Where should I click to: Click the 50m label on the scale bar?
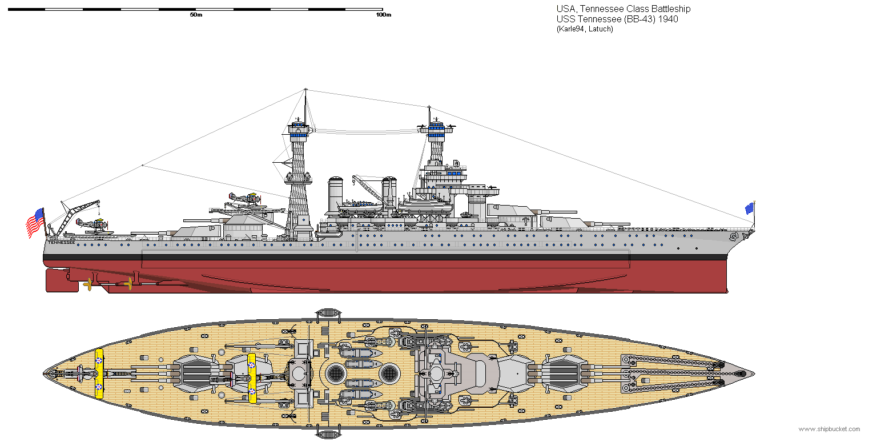coord(196,15)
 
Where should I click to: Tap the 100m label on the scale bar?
coord(383,15)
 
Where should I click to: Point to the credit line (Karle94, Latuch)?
coord(585,29)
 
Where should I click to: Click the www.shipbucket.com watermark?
coord(829,429)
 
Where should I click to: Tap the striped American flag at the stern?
coord(35,223)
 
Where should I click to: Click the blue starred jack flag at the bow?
coord(749,208)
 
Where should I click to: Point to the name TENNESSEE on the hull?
coord(61,242)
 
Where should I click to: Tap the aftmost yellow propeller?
coord(88,284)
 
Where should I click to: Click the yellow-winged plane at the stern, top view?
coord(99,373)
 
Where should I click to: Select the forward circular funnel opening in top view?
coord(389,373)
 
